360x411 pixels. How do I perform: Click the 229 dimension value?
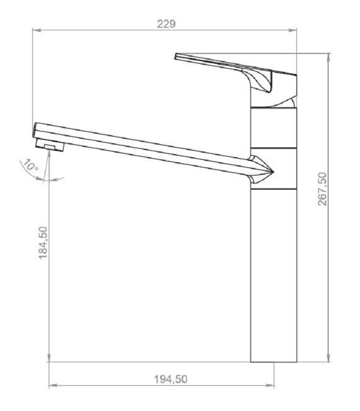tap(166, 24)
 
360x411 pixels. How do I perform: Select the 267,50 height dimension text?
tap(323, 189)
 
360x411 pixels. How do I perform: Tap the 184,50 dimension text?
tap(43, 242)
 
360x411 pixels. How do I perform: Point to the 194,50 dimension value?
tap(170, 379)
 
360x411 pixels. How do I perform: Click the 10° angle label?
tap(31, 165)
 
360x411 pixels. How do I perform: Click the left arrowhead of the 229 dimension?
tap(36, 30)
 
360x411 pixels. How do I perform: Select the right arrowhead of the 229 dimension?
tap(292, 30)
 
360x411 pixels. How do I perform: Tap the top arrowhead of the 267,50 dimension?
tap(329, 58)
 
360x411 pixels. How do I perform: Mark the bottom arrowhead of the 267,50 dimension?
tap(329, 358)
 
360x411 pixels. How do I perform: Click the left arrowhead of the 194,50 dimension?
tap(53, 385)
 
